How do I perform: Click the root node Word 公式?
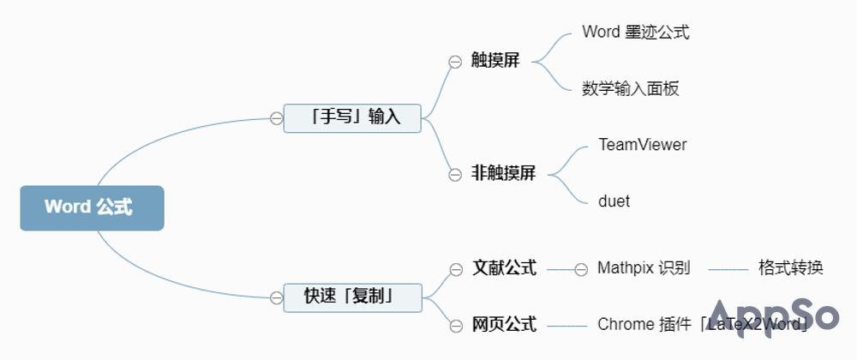click(x=92, y=207)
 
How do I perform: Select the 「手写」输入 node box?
click(x=352, y=117)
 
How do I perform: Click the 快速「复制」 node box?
click(x=352, y=297)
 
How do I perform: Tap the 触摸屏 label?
click(x=495, y=61)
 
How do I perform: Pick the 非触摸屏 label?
click(x=503, y=173)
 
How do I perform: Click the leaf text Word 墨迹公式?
click(x=635, y=33)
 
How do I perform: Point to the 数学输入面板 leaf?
click(x=630, y=88)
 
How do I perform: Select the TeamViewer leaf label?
click(x=642, y=145)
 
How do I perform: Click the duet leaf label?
click(x=614, y=201)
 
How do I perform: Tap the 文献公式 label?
click(x=504, y=268)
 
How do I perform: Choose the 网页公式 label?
click(x=504, y=324)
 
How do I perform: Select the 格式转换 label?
click(x=790, y=268)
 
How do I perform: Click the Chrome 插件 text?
click(x=644, y=324)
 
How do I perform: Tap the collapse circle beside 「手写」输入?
click(x=276, y=118)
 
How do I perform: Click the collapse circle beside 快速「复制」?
click(x=276, y=297)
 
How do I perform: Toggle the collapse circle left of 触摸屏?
click(x=455, y=62)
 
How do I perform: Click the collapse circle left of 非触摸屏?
click(x=455, y=174)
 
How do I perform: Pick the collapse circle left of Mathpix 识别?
click(x=581, y=269)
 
